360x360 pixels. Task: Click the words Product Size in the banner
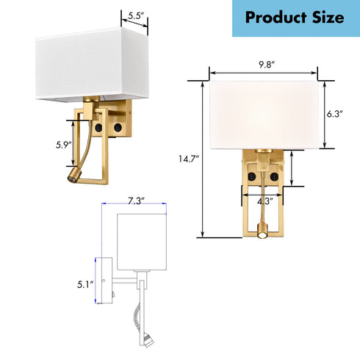[294, 18]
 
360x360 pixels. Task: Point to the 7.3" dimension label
[134, 201]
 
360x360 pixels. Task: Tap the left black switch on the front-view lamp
[252, 177]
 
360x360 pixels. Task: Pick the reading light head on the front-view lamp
[263, 235]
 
